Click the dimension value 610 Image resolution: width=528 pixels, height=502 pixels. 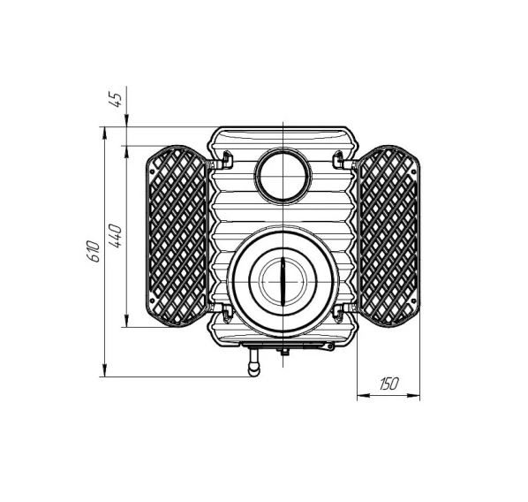coord(93,251)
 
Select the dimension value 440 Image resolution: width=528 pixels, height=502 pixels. coord(115,236)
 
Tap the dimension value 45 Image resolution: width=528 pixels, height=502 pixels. coord(116,100)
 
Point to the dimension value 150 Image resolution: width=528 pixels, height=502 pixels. coord(388,384)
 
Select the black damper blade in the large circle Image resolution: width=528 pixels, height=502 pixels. coord(283,281)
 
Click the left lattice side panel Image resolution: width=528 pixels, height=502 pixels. coord(176,236)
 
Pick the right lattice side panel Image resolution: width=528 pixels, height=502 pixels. coord(389,236)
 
